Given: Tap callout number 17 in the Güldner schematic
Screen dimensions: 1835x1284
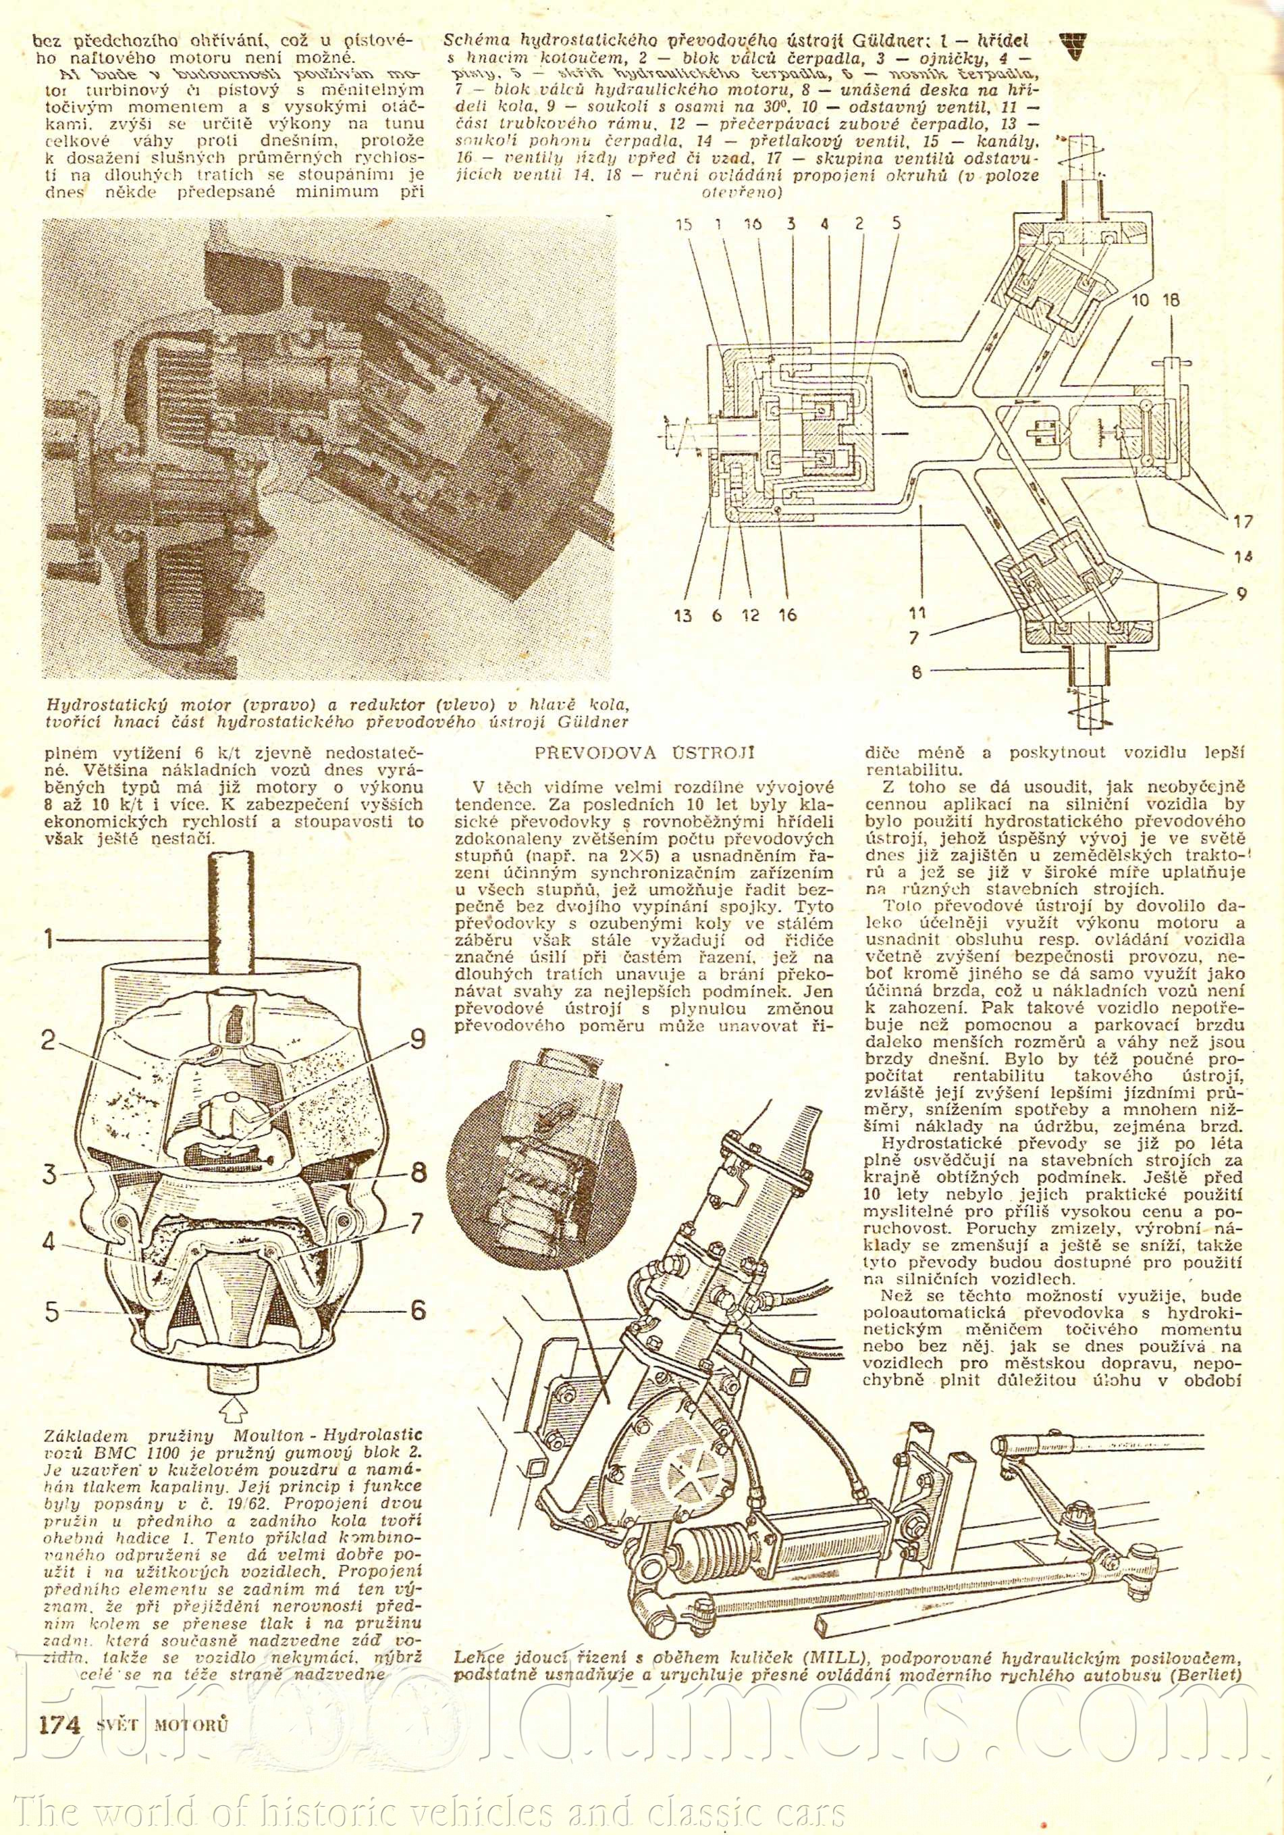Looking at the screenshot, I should pos(1242,522).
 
